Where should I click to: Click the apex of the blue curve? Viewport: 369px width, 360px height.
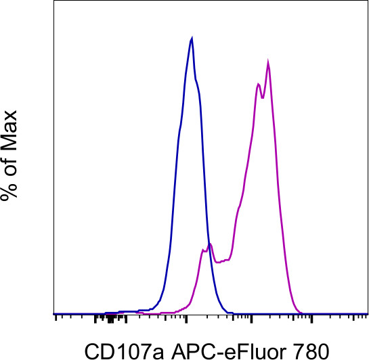192,38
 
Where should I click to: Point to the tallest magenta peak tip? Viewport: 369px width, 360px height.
269,63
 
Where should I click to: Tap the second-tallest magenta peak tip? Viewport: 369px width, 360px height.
258,84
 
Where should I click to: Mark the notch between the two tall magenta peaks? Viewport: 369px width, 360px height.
262,95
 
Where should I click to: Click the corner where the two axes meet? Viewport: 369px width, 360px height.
54,315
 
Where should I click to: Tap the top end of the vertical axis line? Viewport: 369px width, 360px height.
54,2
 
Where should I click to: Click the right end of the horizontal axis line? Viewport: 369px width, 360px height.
367,315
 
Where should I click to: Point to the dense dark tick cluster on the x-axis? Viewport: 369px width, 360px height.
108,317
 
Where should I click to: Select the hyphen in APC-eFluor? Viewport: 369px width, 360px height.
200,351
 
